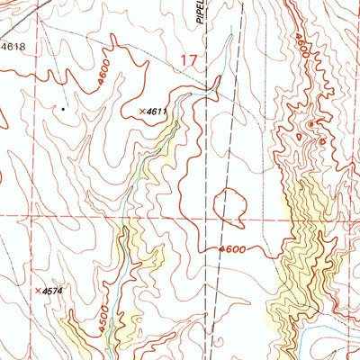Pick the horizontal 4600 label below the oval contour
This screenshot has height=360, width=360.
click(x=231, y=250)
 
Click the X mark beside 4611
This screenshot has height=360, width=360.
click(x=142, y=111)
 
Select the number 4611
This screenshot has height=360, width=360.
click(x=158, y=111)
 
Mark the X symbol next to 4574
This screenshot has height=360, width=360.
click(x=38, y=292)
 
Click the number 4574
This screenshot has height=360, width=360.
click(x=53, y=292)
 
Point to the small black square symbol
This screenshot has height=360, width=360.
click(x=63, y=109)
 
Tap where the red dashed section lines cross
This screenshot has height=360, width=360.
click(x=209, y=217)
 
